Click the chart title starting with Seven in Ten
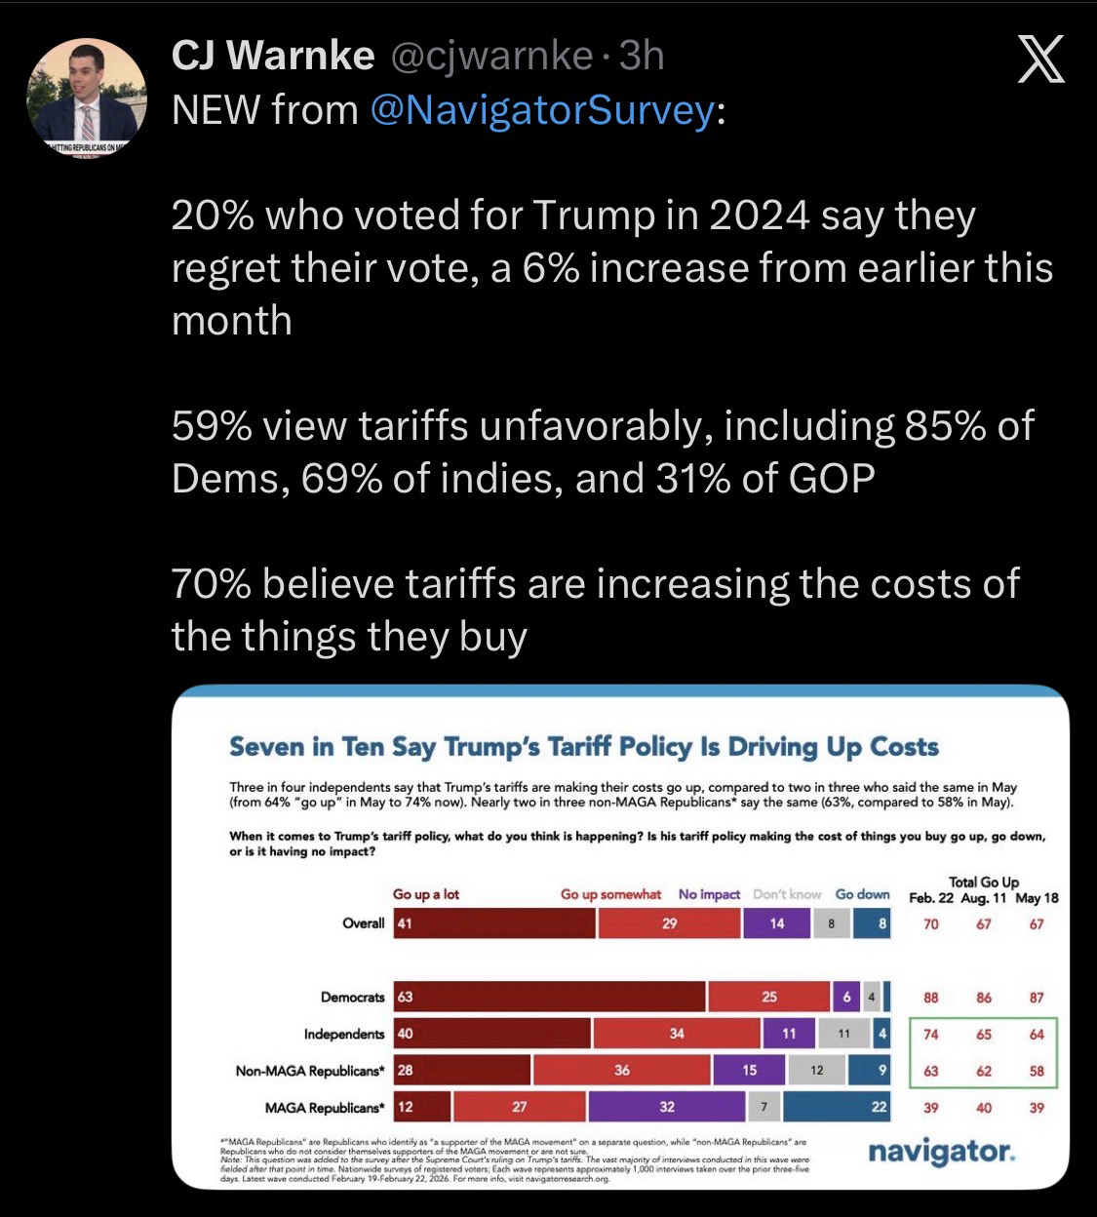[583, 747]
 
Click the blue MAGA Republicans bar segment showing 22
[837, 1107]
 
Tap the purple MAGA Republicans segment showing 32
[667, 1107]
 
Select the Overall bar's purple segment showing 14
[776, 923]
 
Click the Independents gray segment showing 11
[844, 1034]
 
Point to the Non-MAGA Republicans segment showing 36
[622, 1070]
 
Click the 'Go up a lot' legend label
[426, 894]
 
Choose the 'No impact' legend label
[709, 894]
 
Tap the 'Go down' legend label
[862, 894]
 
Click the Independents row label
[344, 1034]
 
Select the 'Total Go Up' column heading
[983, 883]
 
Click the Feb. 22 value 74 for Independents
[930, 1034]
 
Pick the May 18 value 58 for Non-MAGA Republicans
[1036, 1070]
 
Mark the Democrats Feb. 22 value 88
[930, 997]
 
